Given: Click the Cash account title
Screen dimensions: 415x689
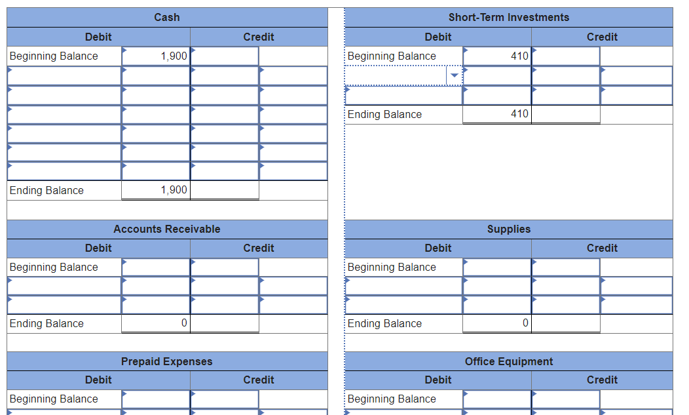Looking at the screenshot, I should pos(166,17).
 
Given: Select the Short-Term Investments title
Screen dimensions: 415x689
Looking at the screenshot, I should pos(508,17).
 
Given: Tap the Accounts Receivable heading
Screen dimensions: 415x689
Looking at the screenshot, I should pos(166,229).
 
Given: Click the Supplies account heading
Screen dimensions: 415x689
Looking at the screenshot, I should pos(508,229).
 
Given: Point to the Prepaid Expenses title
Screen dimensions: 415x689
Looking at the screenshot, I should pos(166,361).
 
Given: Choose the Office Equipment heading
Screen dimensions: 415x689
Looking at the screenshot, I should pos(508,361).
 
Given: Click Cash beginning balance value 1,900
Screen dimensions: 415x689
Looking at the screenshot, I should pos(173,56).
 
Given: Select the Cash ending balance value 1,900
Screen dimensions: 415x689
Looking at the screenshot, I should pos(173,190).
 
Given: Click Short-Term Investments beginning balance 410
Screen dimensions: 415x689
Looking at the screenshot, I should pos(519,56).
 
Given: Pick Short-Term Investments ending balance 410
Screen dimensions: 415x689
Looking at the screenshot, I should pos(519,114).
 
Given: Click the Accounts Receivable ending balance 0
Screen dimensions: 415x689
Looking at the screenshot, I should pos(183,323).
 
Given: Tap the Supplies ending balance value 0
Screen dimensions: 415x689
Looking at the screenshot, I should pos(525,323).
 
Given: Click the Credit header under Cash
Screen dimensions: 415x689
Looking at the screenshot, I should pos(259,37).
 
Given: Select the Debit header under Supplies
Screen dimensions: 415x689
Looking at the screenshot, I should pos(438,248).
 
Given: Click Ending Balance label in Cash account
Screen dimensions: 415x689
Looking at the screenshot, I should pos(47,190).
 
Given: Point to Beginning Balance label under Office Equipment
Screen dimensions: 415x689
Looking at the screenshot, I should pos(392,399).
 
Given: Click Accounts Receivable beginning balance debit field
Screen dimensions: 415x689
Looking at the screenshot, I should pos(156,267).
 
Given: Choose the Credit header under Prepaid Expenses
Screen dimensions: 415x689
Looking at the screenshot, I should pos(259,380).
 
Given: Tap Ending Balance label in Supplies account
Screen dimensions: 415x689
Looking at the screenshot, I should pos(384,323).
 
